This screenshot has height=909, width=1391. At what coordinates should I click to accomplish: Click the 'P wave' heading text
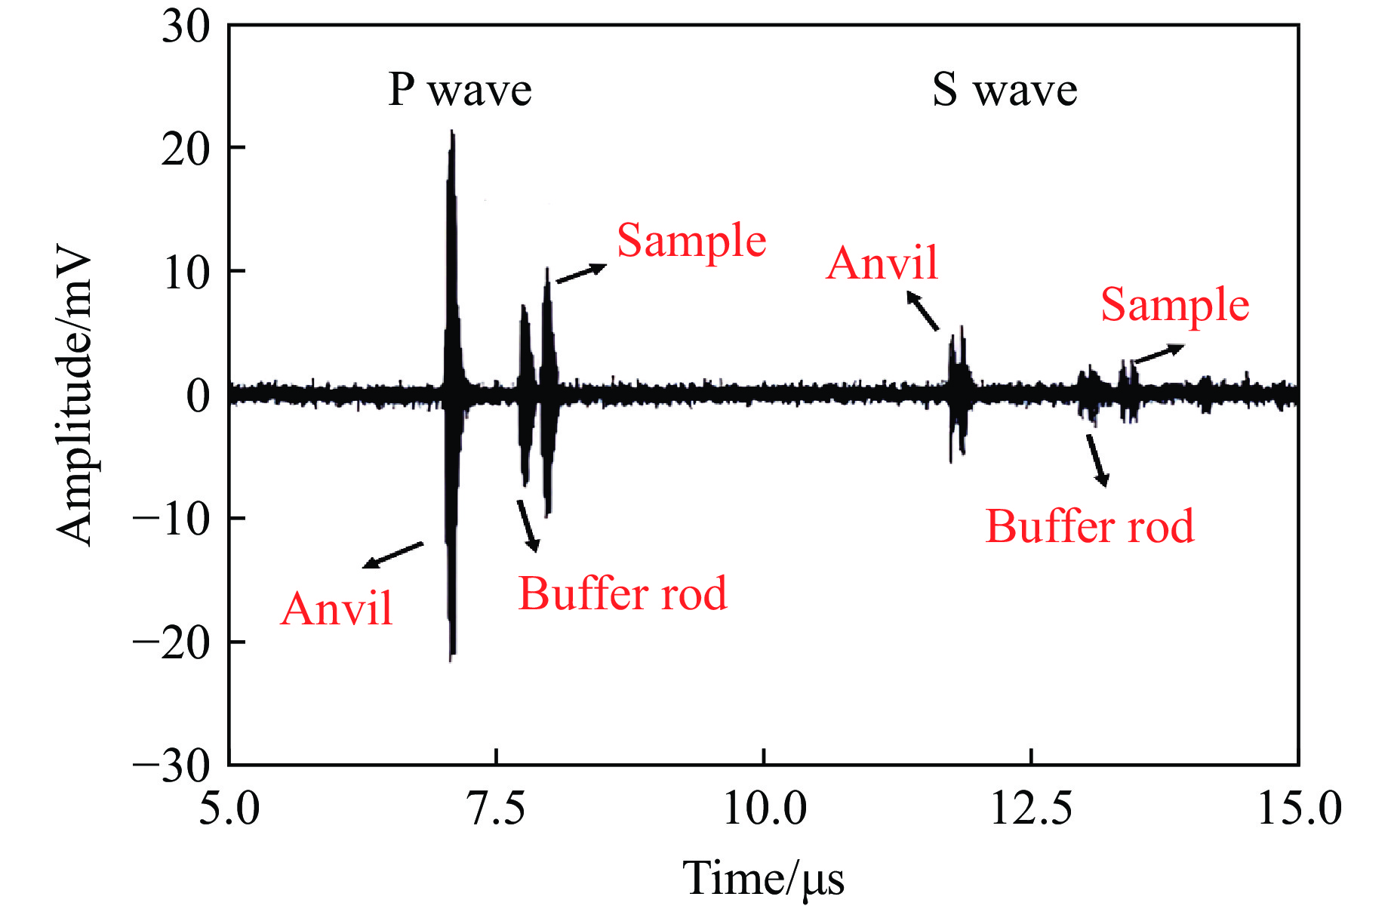460,91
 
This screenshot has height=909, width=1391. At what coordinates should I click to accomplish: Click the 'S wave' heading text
1005,91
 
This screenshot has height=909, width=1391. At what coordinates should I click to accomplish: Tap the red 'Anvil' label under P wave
337,609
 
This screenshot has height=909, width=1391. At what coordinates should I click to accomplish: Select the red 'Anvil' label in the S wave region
882,263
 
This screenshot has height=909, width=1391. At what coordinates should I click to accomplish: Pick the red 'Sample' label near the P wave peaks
691,242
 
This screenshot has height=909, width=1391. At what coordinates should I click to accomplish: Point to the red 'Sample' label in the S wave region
1175,306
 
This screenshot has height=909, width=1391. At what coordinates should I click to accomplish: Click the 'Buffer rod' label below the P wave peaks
623,594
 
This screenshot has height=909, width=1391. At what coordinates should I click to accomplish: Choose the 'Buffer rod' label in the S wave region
1090,527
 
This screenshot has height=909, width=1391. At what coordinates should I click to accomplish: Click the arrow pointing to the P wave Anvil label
392,555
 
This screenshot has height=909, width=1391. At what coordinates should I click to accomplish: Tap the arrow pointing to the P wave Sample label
581,273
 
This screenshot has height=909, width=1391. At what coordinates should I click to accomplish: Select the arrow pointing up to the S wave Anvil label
922,311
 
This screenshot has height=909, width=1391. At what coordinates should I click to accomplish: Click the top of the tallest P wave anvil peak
452,133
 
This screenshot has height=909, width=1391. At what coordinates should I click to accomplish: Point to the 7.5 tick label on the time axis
497,809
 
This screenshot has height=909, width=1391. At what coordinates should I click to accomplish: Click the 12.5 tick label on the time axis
1031,809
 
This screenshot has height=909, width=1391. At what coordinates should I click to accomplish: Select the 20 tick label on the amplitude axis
185,149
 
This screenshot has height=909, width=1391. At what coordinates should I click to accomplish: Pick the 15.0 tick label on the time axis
1299,809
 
